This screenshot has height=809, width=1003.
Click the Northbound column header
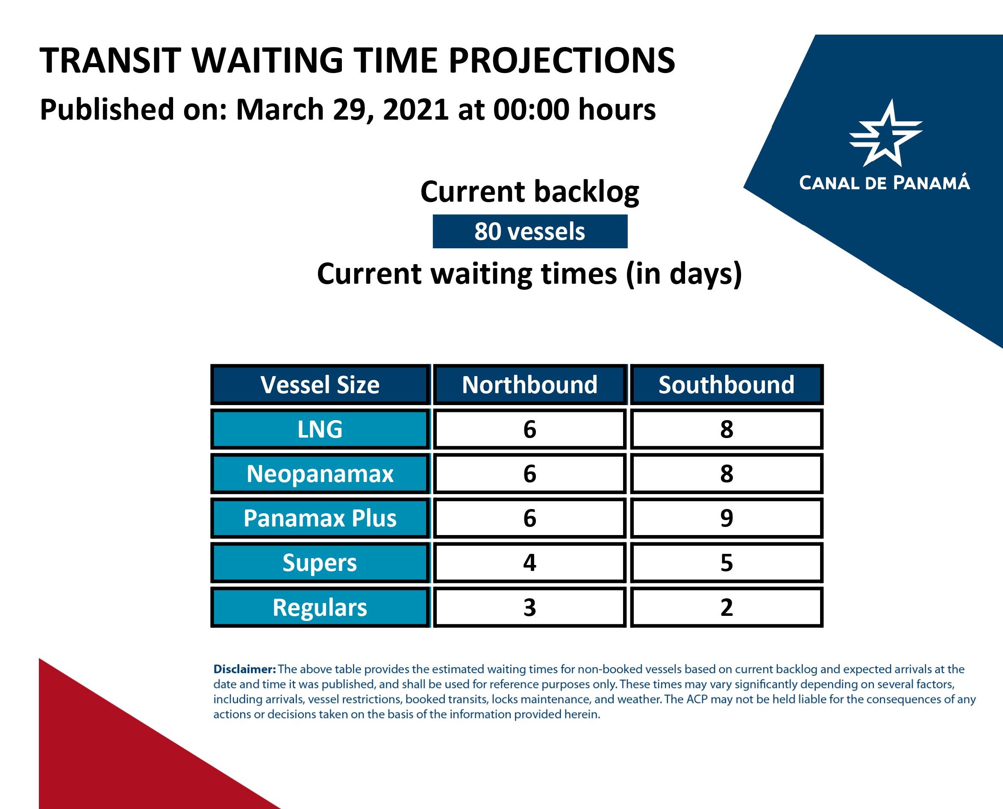529,385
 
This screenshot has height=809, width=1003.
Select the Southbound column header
726,385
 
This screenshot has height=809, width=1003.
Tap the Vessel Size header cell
320,385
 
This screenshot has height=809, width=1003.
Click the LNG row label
320,429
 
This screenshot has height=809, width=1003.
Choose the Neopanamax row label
320,474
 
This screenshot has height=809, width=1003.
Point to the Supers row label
320,562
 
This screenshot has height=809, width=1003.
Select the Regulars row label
320,607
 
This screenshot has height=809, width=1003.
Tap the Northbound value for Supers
529,562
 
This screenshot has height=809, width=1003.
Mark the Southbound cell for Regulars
727,607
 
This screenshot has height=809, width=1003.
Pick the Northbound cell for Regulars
529,607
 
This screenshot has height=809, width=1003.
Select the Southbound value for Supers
727,562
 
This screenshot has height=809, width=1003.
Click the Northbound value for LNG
529,429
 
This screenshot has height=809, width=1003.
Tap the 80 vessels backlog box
530,231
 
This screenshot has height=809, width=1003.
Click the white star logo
885,133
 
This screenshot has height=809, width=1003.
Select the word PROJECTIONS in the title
562,61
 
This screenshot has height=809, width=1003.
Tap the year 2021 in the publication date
416,109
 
